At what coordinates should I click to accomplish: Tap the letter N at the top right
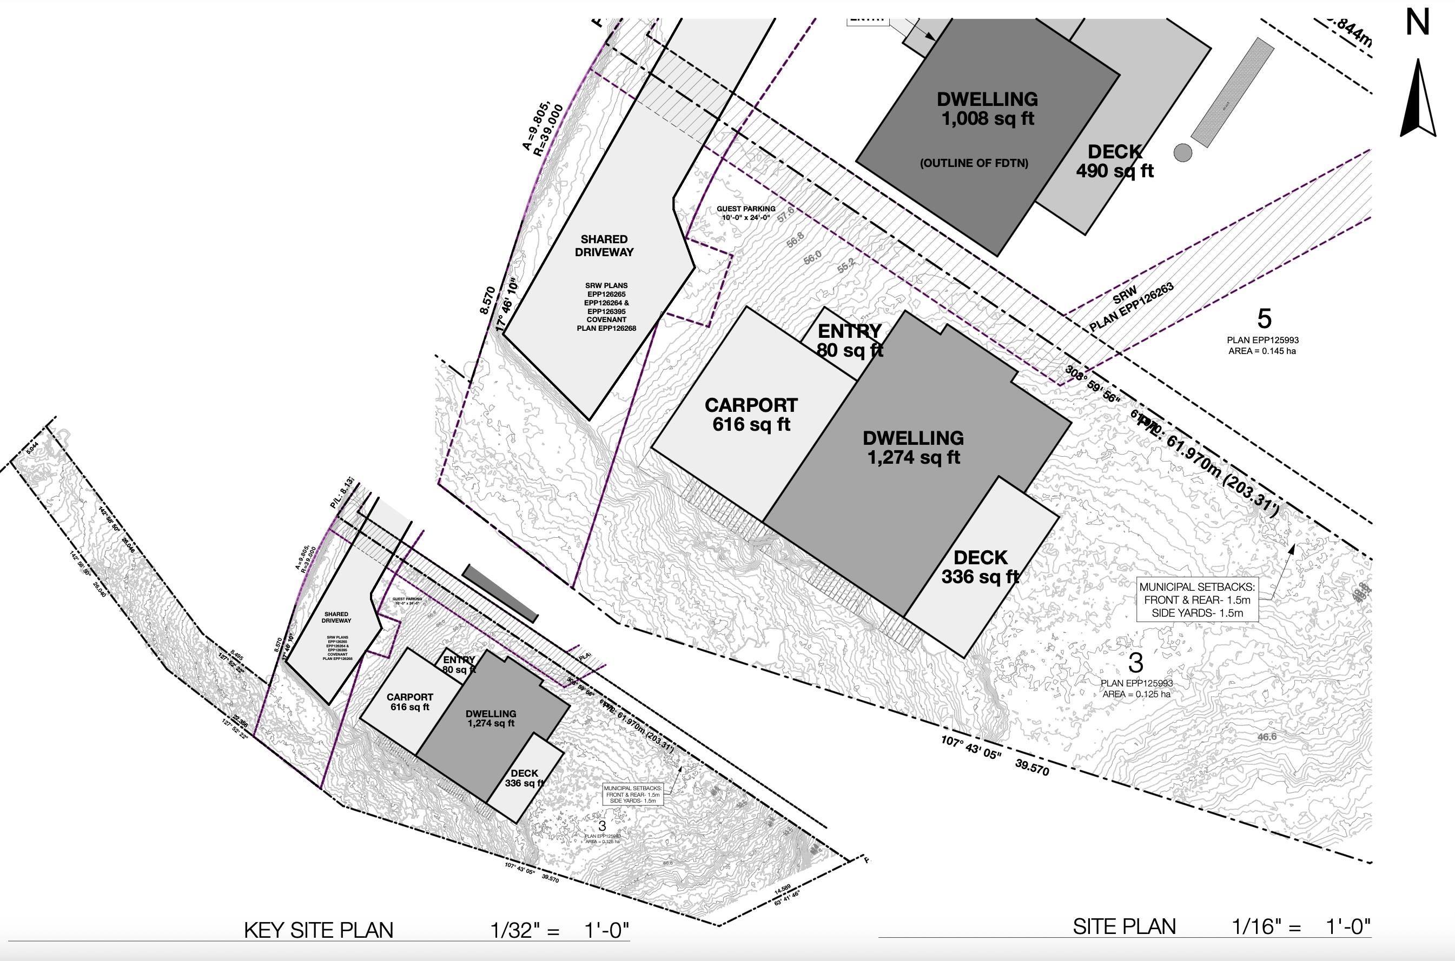(x=1418, y=23)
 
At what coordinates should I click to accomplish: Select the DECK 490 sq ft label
(x=1115, y=161)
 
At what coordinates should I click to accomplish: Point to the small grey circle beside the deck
(x=1183, y=152)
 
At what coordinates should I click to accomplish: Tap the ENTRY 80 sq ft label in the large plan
(x=849, y=340)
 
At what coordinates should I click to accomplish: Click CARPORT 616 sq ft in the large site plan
(x=751, y=415)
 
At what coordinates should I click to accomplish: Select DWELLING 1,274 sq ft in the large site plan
(x=913, y=448)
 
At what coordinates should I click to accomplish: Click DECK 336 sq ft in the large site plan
(x=980, y=567)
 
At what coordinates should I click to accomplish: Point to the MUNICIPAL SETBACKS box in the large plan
(x=1197, y=599)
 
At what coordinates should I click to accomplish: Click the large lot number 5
(x=1264, y=319)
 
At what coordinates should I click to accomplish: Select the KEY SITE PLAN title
(x=318, y=930)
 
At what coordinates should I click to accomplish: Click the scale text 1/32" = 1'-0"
(x=559, y=930)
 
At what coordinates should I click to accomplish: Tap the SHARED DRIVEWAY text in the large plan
(x=604, y=245)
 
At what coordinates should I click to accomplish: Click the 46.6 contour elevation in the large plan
(x=1267, y=737)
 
